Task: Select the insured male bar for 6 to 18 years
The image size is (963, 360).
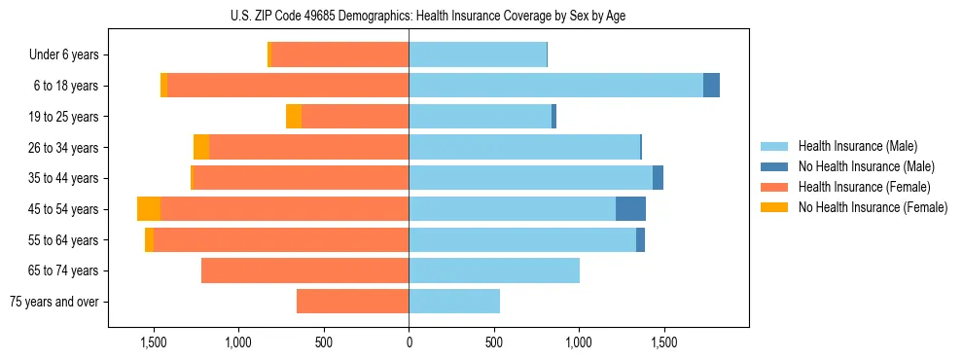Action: (x=555, y=86)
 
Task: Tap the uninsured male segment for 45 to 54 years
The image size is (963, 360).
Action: (x=630, y=209)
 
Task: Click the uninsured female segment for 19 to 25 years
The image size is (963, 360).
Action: (x=294, y=117)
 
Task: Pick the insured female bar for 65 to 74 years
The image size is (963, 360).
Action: (x=304, y=270)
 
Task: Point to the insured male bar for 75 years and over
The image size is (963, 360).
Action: (x=454, y=302)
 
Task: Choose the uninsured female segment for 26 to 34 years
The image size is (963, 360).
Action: (x=201, y=148)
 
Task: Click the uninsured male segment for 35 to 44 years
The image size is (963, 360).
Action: (x=658, y=178)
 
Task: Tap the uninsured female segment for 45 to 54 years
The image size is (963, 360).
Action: (x=149, y=209)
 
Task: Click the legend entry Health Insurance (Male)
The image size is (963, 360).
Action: (x=857, y=147)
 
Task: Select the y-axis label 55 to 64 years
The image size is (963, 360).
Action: (x=64, y=240)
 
